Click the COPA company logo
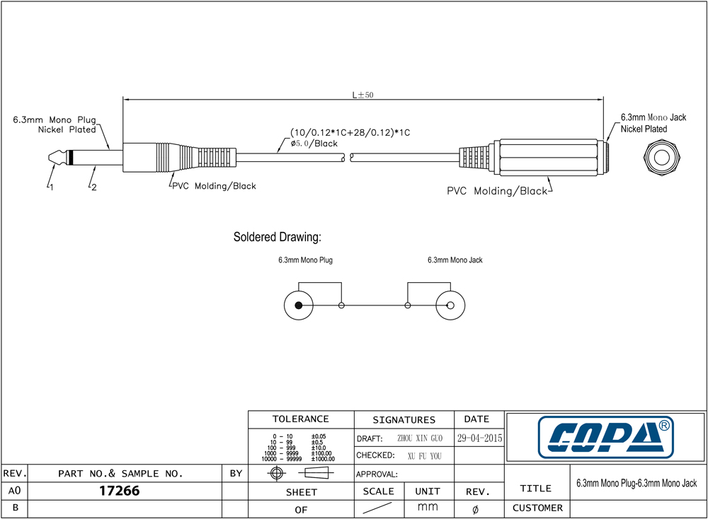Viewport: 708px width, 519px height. pos(606,437)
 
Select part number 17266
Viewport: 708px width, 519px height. pos(119,491)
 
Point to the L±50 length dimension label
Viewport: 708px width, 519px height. pos(362,95)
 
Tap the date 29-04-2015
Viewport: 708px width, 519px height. pos(479,438)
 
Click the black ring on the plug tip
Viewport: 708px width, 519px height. pos(70,158)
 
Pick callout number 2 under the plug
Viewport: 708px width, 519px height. pos(94,187)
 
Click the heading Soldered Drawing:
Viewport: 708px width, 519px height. pos(278,237)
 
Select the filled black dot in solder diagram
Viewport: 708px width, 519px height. pos(299,305)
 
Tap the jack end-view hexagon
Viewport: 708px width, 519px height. pos(662,158)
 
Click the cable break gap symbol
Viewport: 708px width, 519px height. pos(348,158)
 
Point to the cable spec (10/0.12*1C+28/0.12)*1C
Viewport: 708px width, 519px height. pos(350,132)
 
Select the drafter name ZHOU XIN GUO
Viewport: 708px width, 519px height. pos(420,438)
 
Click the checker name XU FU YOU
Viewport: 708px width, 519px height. pos(424,456)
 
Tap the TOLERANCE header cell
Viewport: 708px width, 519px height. pos(301,419)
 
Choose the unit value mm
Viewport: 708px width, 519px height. pos(428,507)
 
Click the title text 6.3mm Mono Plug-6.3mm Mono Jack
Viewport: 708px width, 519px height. pos(636,484)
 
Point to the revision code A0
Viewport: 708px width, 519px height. pos(14,491)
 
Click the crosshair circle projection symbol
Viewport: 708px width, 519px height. pos(276,473)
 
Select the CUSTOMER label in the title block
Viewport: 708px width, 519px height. pos(537,508)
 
